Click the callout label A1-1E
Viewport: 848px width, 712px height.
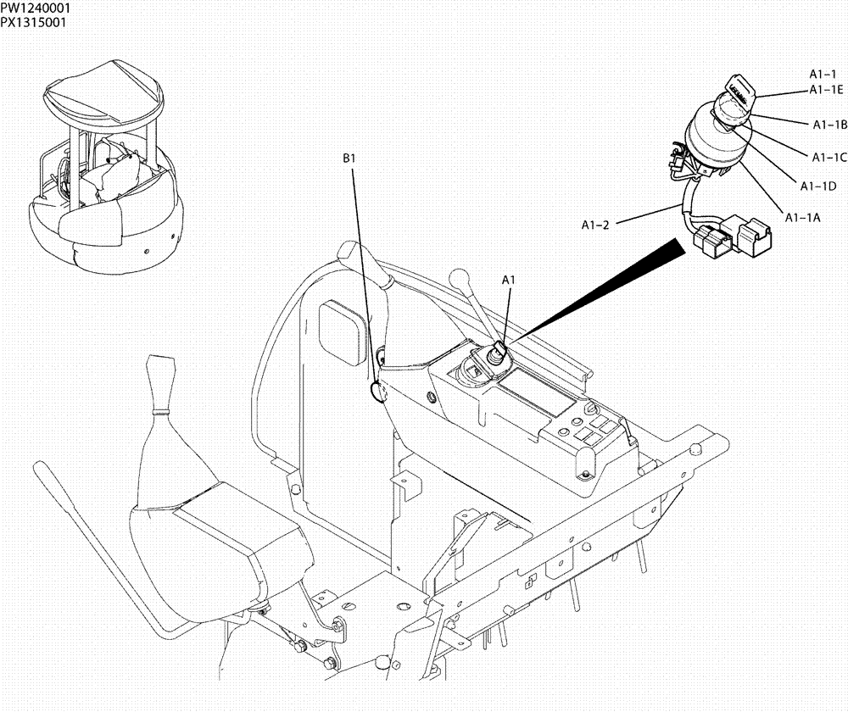pyautogui.click(x=825, y=89)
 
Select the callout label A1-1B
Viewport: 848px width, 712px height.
pyautogui.click(x=830, y=125)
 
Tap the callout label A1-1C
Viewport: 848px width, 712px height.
pyautogui.click(x=829, y=157)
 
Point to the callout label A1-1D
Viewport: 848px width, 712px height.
pyautogui.click(x=818, y=186)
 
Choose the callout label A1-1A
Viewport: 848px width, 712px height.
pyautogui.click(x=802, y=217)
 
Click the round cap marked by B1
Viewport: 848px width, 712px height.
pyautogui.click(x=377, y=392)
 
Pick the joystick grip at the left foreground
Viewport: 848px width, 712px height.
pyautogui.click(x=161, y=381)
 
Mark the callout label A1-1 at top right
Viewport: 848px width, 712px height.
pyautogui.click(x=822, y=75)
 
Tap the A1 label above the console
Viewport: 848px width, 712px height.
pyautogui.click(x=509, y=279)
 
